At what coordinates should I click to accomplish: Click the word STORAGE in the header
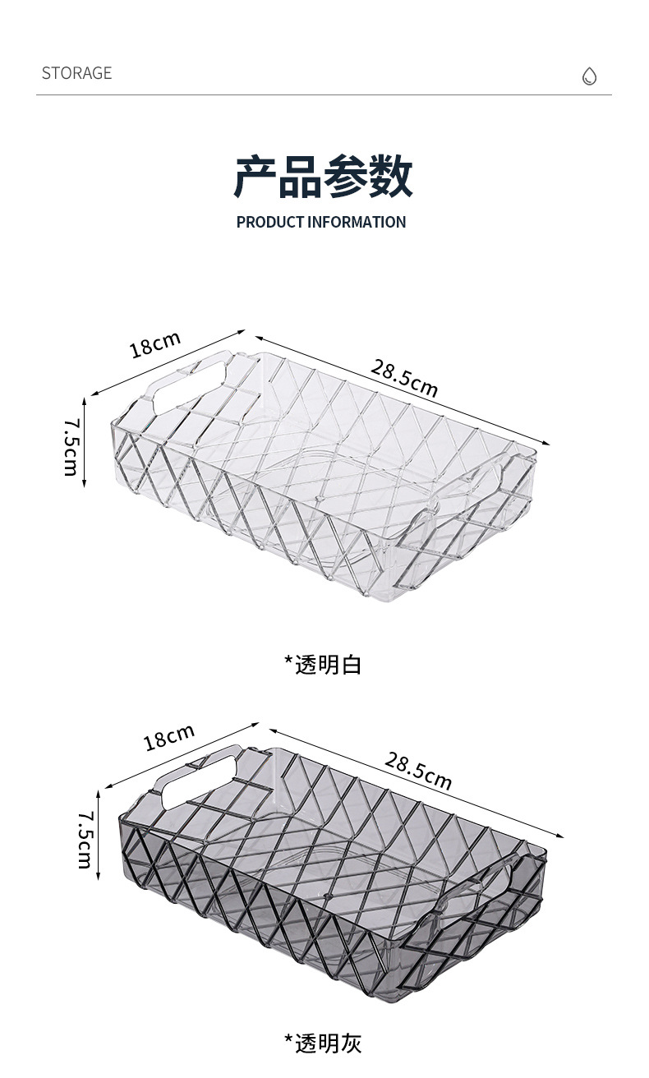[x=76, y=73]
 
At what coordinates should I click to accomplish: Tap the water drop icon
[x=589, y=76]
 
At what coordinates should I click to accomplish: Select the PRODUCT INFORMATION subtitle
[x=321, y=222]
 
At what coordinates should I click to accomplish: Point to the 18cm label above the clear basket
[x=154, y=344]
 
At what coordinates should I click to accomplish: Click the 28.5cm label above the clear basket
[x=403, y=378]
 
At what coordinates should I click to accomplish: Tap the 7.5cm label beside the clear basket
[x=71, y=446]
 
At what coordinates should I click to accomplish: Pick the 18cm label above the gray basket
[x=169, y=737]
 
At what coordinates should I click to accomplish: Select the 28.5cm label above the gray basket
[x=418, y=771]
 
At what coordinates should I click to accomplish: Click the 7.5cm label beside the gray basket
[x=85, y=840]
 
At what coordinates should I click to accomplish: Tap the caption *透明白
[x=323, y=664]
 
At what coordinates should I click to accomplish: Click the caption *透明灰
[x=323, y=1043]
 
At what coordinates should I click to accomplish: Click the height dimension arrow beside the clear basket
[x=85, y=442]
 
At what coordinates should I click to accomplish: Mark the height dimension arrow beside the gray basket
[x=99, y=834]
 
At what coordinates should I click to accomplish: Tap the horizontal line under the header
[x=324, y=95]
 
